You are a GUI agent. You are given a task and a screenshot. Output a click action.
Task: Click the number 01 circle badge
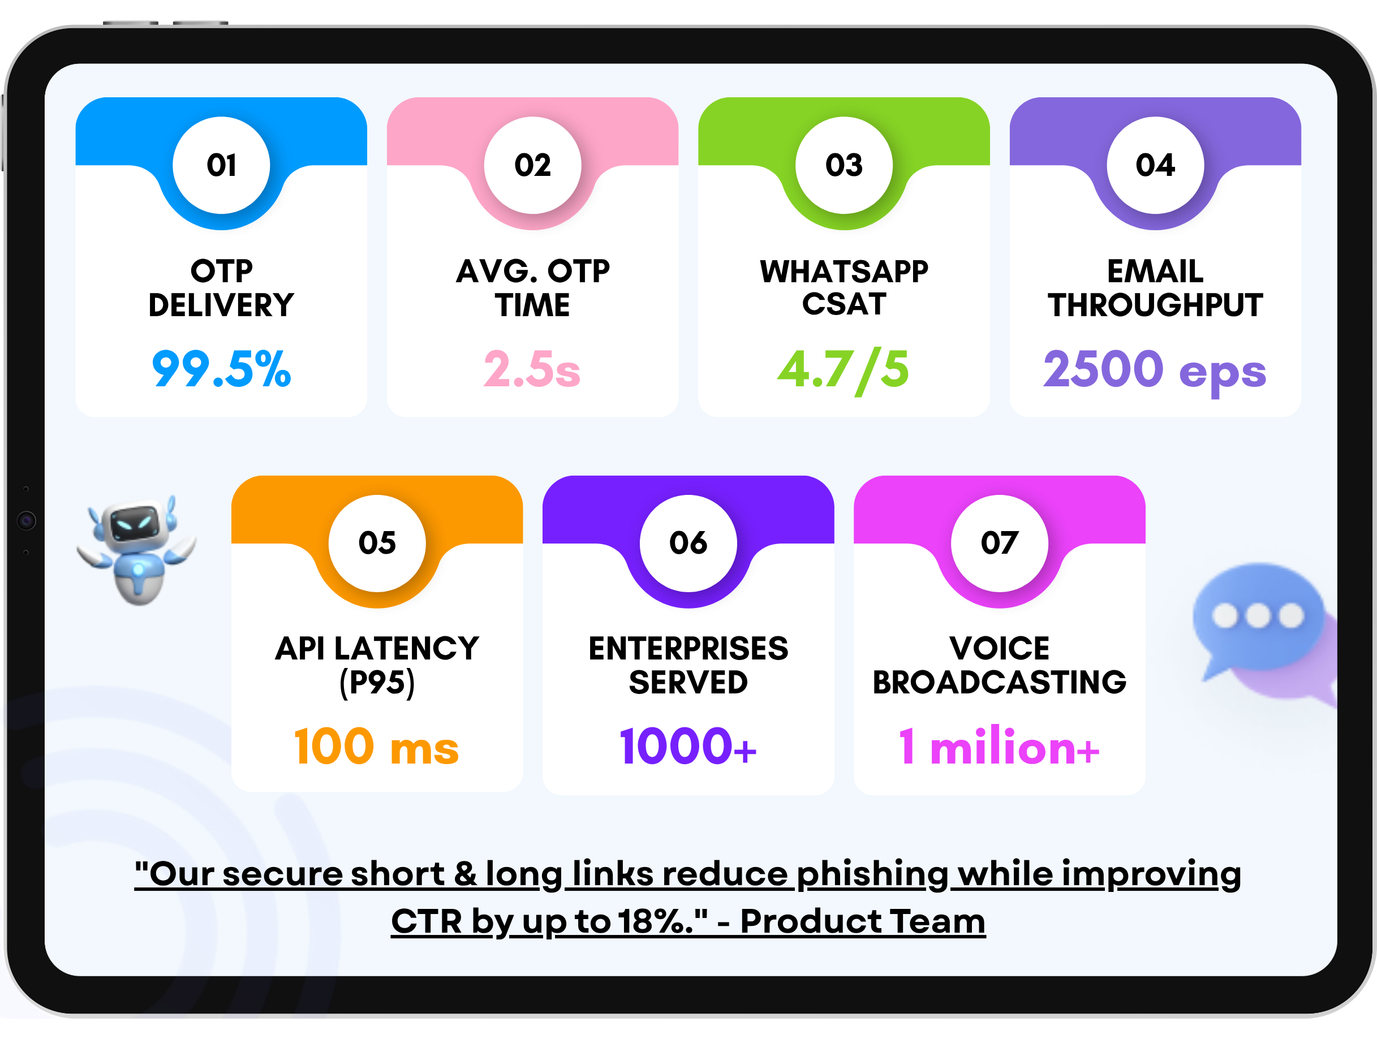coord(221,165)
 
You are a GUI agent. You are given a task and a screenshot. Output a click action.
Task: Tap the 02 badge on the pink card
coord(532,165)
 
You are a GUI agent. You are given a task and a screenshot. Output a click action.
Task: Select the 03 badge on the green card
coord(844,165)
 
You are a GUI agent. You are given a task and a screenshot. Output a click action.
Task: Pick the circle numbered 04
coord(1155,165)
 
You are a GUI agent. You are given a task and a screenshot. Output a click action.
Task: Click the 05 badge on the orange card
coord(377,543)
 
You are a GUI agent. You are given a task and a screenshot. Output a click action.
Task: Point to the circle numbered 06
coord(688,543)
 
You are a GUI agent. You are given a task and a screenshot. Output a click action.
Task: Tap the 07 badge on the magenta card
coord(999,543)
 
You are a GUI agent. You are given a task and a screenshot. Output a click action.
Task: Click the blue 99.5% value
coord(221,369)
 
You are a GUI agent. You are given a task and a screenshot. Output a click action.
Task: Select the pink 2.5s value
coord(532,369)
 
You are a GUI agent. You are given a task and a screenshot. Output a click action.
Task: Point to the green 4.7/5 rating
coord(844,369)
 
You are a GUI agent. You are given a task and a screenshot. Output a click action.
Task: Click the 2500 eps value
coord(1155,369)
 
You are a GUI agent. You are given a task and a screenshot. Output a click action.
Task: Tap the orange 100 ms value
coord(377,747)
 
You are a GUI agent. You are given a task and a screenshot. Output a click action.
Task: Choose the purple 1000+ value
coord(688,747)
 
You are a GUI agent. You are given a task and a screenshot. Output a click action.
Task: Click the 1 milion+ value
coord(999,747)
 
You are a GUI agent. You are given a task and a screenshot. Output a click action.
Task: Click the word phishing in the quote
coord(872,874)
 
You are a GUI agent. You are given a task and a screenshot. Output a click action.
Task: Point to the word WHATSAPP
coord(844,272)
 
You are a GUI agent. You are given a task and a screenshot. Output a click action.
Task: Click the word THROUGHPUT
coord(1155,305)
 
